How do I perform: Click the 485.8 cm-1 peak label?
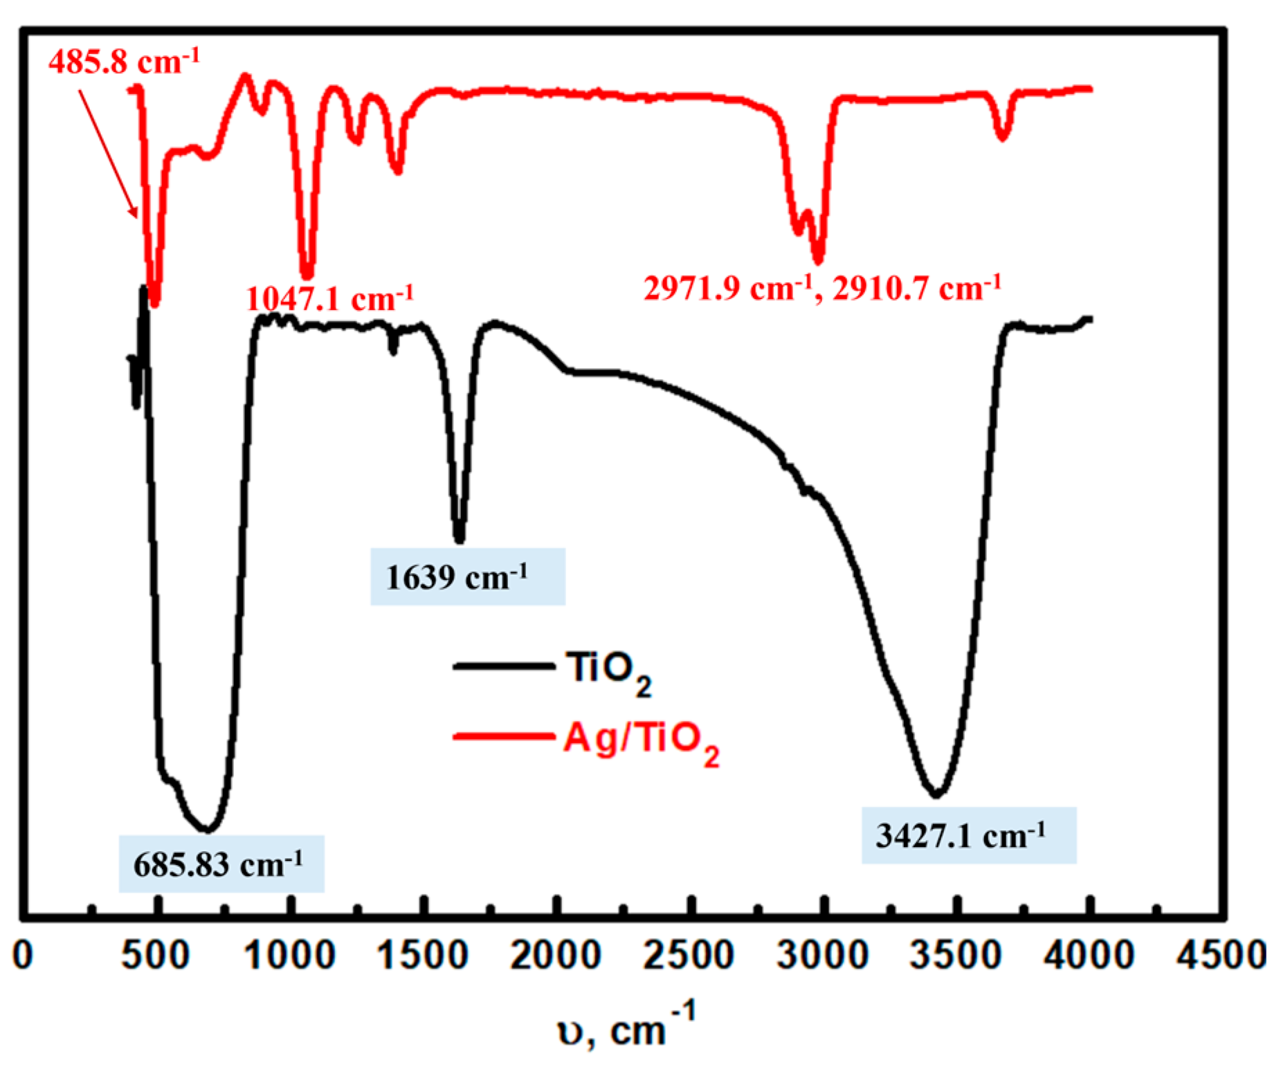[x=124, y=62]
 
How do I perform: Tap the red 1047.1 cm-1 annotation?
[x=329, y=299]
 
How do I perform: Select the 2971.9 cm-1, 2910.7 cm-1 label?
[x=822, y=287]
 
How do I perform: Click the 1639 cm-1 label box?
[x=468, y=576]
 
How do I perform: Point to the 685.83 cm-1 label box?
[x=221, y=864]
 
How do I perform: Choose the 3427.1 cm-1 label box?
[x=968, y=835]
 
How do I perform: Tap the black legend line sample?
[x=504, y=666]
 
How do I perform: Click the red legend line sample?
[x=504, y=736]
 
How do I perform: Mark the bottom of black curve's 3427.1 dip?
[x=936, y=794]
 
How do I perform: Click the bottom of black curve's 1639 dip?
[x=459, y=540]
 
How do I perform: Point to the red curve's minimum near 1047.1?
[x=307, y=275]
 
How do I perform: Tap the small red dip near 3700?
[x=1003, y=137]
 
